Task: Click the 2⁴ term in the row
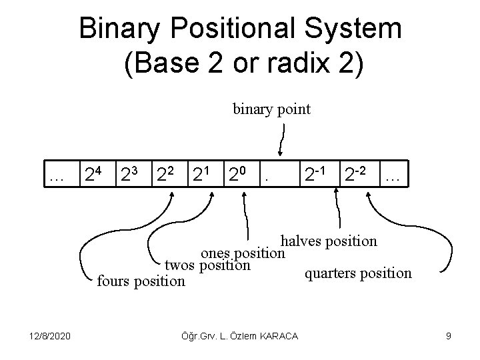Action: [91, 175]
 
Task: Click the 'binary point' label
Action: [271, 109]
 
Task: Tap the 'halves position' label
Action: [329, 241]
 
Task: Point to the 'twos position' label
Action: [207, 265]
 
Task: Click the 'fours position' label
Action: [141, 281]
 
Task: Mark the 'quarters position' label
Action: [358, 273]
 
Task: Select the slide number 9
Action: [449, 336]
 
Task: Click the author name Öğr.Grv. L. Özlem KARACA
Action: [241, 336]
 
